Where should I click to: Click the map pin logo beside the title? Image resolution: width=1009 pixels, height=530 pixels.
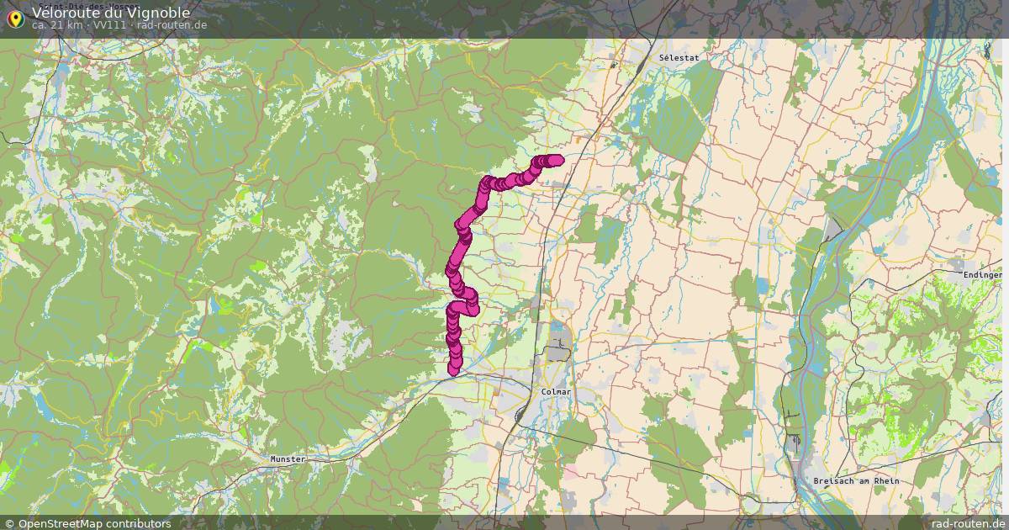14,17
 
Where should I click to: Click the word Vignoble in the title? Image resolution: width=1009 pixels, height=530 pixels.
159,13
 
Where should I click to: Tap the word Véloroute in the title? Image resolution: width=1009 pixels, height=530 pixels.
66,13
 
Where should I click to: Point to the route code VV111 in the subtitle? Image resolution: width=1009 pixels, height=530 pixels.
109,25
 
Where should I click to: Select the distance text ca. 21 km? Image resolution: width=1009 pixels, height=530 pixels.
56,25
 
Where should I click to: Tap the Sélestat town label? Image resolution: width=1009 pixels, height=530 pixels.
679,58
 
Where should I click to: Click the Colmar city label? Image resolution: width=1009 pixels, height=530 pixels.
556,392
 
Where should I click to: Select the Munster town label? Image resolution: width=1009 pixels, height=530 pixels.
288,459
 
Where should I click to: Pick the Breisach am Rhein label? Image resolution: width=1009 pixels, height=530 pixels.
856,481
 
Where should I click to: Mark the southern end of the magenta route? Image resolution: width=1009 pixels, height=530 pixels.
454,368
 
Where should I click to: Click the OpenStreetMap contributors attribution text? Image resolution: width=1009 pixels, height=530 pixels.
94,523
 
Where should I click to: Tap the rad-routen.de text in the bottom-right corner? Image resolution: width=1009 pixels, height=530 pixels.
968,523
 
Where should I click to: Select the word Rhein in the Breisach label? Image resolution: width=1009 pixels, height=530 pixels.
885,481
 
